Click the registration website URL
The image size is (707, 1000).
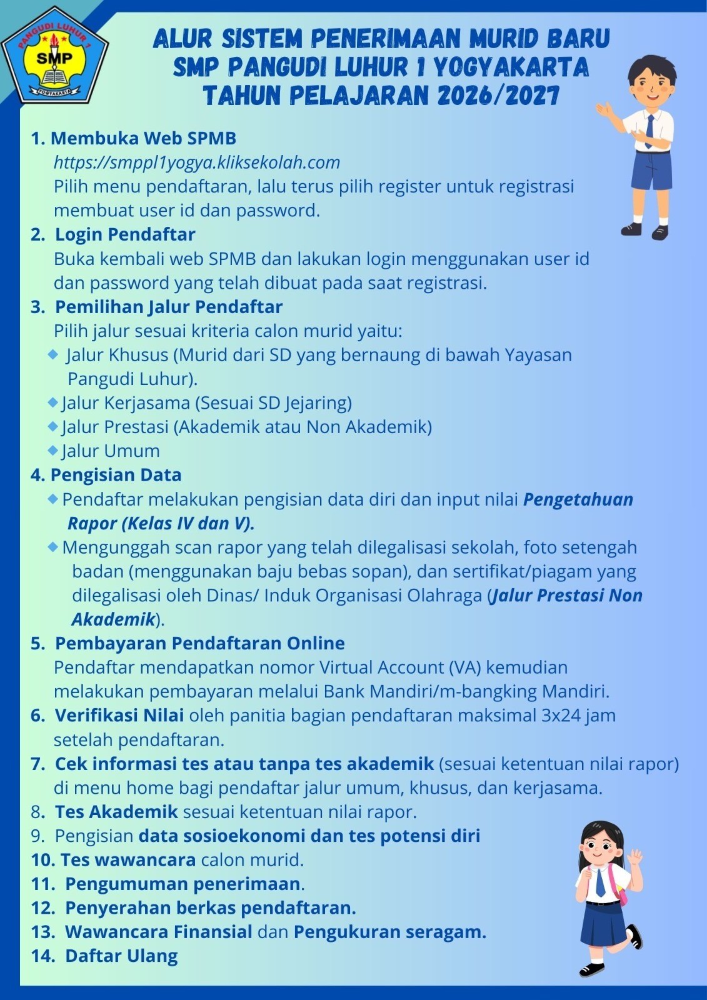197,162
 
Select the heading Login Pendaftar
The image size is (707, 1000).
125,234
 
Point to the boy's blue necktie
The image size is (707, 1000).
649,131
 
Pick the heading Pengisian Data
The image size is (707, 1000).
116,475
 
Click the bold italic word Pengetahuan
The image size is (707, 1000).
578,499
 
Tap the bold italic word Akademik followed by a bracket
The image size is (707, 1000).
113,619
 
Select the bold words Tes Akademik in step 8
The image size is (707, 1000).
116,812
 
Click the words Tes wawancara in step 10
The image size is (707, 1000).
128,860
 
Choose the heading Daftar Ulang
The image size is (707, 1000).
121,956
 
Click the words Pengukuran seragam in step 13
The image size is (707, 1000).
389,932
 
